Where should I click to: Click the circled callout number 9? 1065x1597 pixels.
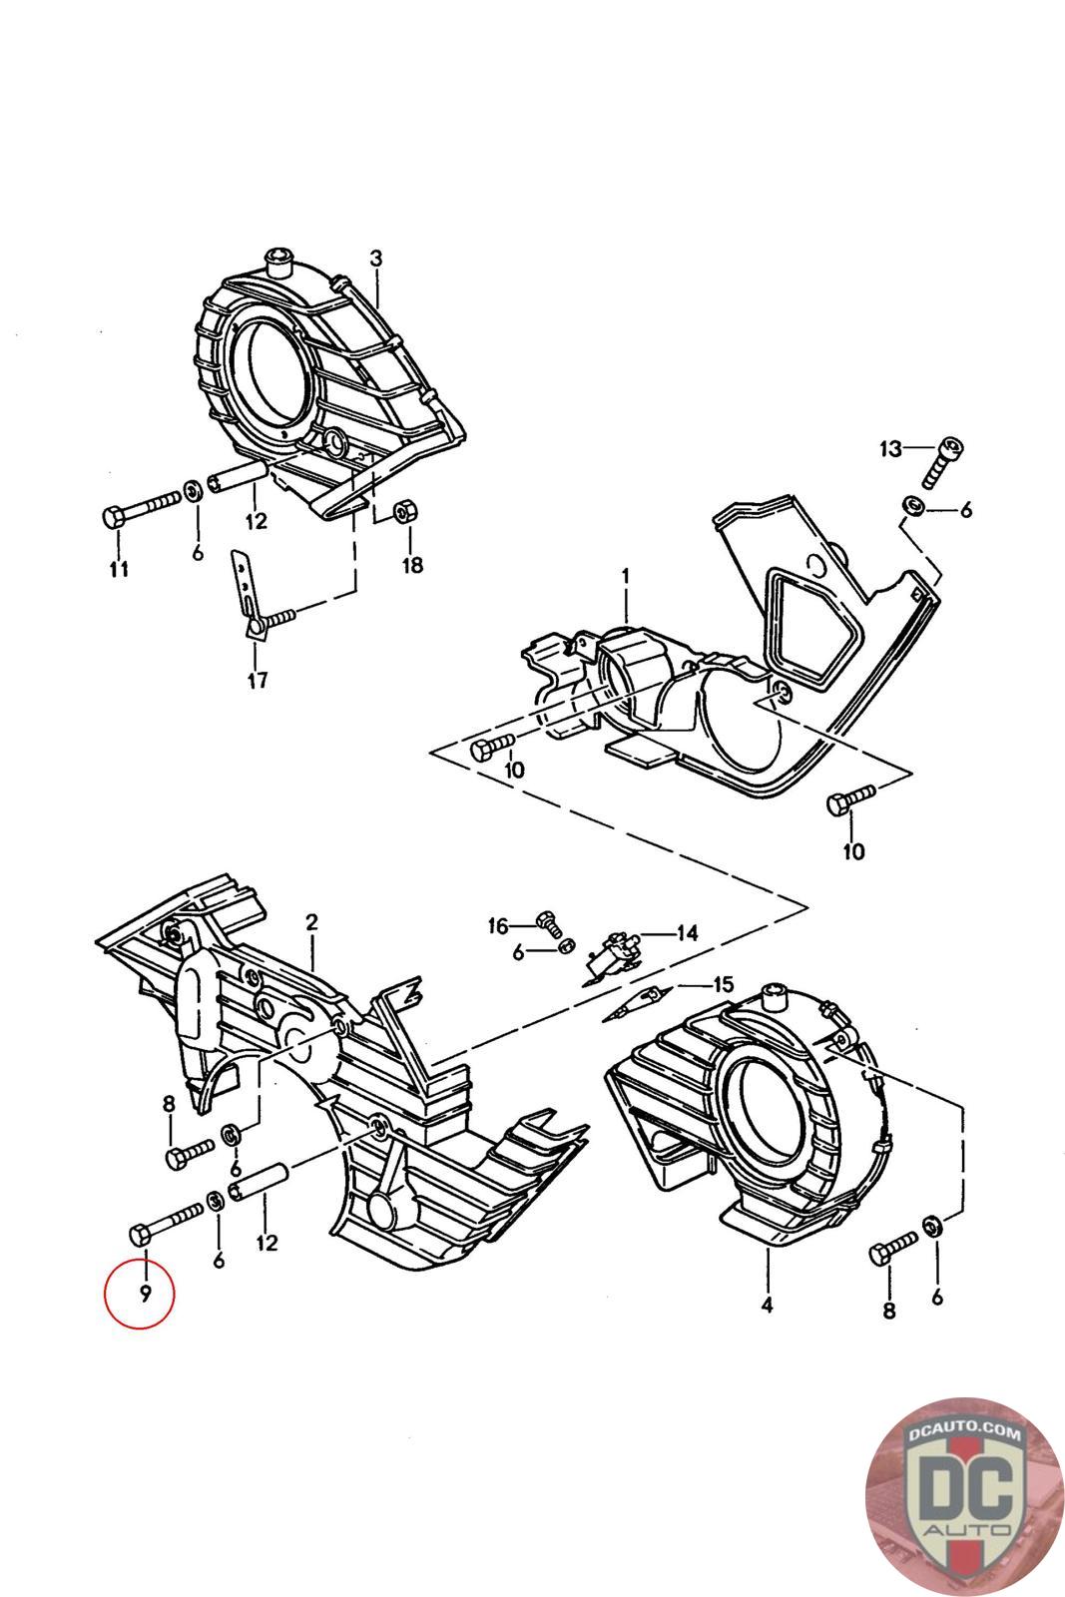point(146,1294)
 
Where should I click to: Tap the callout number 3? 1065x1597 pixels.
point(375,259)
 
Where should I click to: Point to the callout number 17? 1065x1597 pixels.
point(258,680)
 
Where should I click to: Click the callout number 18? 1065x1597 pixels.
point(412,565)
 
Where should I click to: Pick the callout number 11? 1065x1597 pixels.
point(119,569)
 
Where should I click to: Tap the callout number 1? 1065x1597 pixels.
point(625,575)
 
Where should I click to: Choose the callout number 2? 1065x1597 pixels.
point(311,922)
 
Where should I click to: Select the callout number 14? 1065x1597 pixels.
point(687,932)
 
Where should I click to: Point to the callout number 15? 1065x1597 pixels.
point(723,984)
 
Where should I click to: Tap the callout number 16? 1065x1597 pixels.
point(498,926)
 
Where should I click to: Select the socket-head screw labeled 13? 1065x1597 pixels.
point(943,462)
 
